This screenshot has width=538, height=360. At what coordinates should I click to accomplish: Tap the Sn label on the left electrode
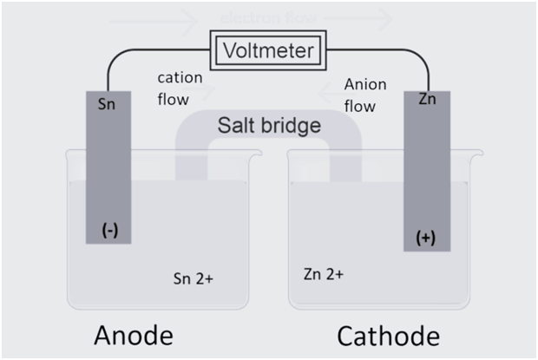pos(108,106)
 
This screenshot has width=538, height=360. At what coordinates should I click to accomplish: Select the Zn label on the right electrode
pos(427,99)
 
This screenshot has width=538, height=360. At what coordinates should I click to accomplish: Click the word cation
pos(180,78)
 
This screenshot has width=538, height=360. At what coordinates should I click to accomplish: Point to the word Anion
pos(364,84)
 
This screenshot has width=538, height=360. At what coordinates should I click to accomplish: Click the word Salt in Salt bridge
pos(237,125)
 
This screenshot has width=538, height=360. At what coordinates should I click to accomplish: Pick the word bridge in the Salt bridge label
pos(292,125)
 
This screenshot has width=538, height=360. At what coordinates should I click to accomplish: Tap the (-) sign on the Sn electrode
pos(110,230)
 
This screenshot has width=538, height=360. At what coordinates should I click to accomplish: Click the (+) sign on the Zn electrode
pos(426,239)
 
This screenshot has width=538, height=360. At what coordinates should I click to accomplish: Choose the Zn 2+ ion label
pos(324,273)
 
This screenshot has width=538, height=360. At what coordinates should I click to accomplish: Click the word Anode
pos(133,335)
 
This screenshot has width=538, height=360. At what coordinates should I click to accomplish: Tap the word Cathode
pos(388,335)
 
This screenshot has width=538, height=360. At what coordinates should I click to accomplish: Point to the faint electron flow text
pos(269,17)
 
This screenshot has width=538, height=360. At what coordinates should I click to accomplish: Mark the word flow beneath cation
pos(173,99)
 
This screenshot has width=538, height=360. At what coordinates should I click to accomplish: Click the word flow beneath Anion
pos(360,107)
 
